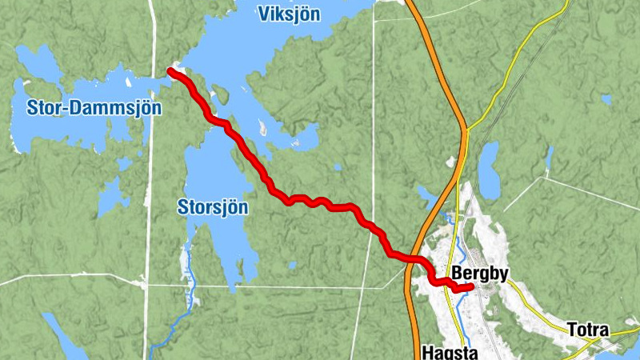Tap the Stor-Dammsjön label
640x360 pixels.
pos(83,108)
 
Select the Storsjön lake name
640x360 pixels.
pos(212,208)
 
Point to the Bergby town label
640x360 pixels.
pos(480,274)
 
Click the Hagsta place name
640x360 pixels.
pos(449,352)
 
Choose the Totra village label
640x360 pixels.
pos(588,330)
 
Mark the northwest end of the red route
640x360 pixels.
pos(170,71)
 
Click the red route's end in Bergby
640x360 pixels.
pos(471,287)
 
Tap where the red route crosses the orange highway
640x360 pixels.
pos(414,259)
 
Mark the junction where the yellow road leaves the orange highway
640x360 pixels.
pos(466,128)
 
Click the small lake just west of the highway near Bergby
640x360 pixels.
pos(426,193)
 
